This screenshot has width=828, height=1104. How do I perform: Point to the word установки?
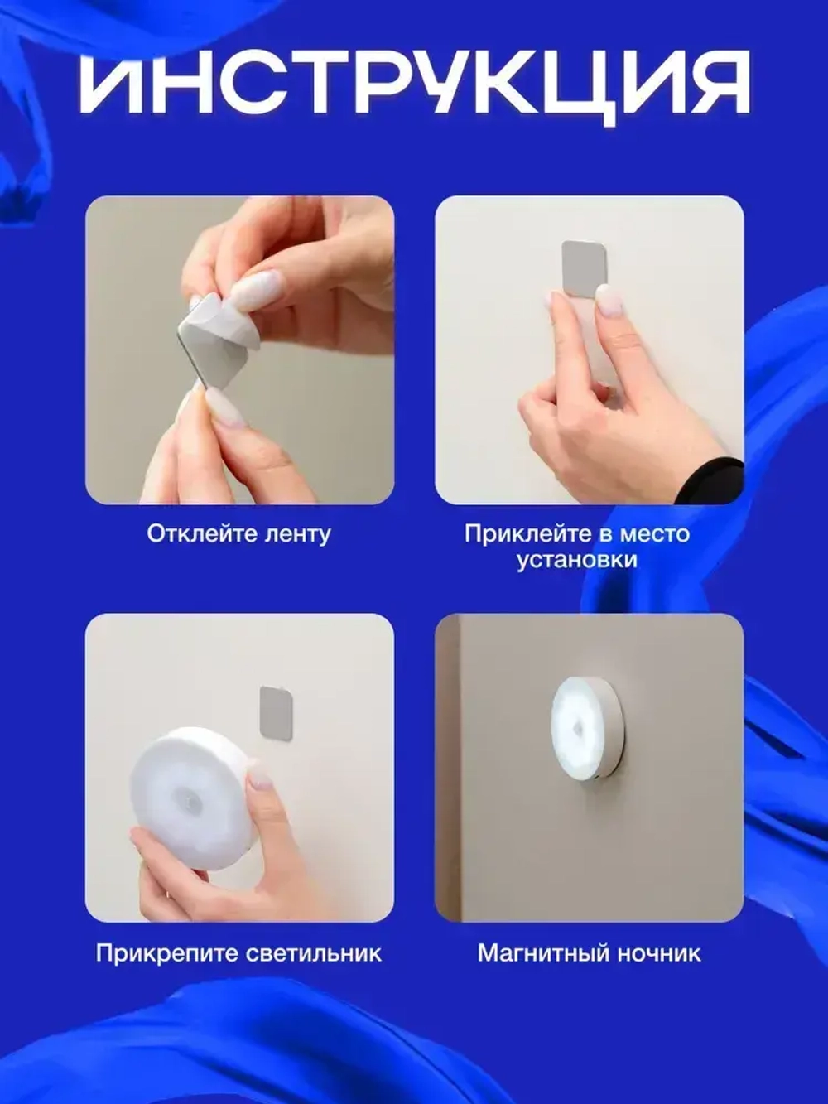point(577,560)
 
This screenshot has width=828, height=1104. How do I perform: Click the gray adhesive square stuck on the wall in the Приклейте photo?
point(584,267)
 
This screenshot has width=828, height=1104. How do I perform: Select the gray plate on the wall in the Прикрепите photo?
point(276,710)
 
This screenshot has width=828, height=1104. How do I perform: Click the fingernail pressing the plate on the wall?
point(609,300)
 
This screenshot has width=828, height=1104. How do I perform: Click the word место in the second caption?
point(658,533)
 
